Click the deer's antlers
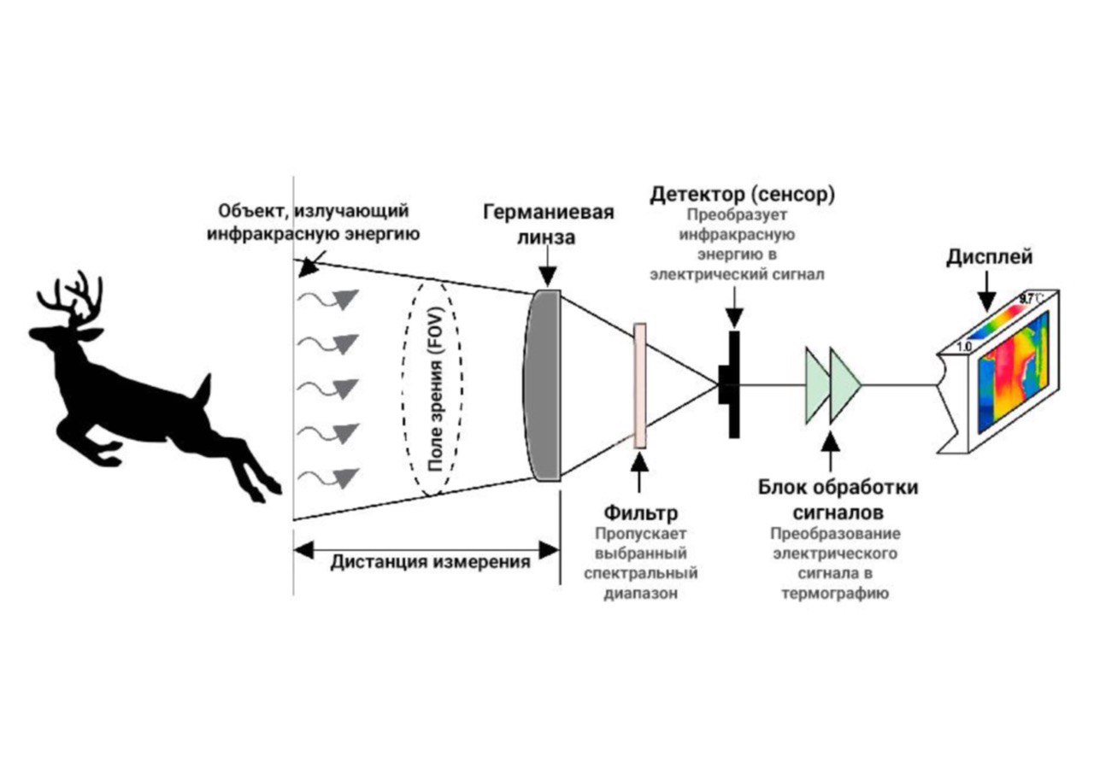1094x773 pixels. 74,299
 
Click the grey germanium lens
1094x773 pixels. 542,385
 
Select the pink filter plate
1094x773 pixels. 640,385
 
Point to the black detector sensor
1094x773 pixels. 731,384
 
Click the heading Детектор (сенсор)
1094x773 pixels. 743,195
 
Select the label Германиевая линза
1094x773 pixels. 548,225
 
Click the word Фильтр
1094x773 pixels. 641,512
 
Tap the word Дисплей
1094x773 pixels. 990,257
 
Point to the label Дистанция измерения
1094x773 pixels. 430,562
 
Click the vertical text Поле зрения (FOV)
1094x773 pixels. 435,389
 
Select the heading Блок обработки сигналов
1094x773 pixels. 838,499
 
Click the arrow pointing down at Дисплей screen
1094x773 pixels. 987,291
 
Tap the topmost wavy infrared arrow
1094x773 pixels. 328,299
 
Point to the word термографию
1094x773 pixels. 835,594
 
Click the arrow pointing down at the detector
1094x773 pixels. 734,307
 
